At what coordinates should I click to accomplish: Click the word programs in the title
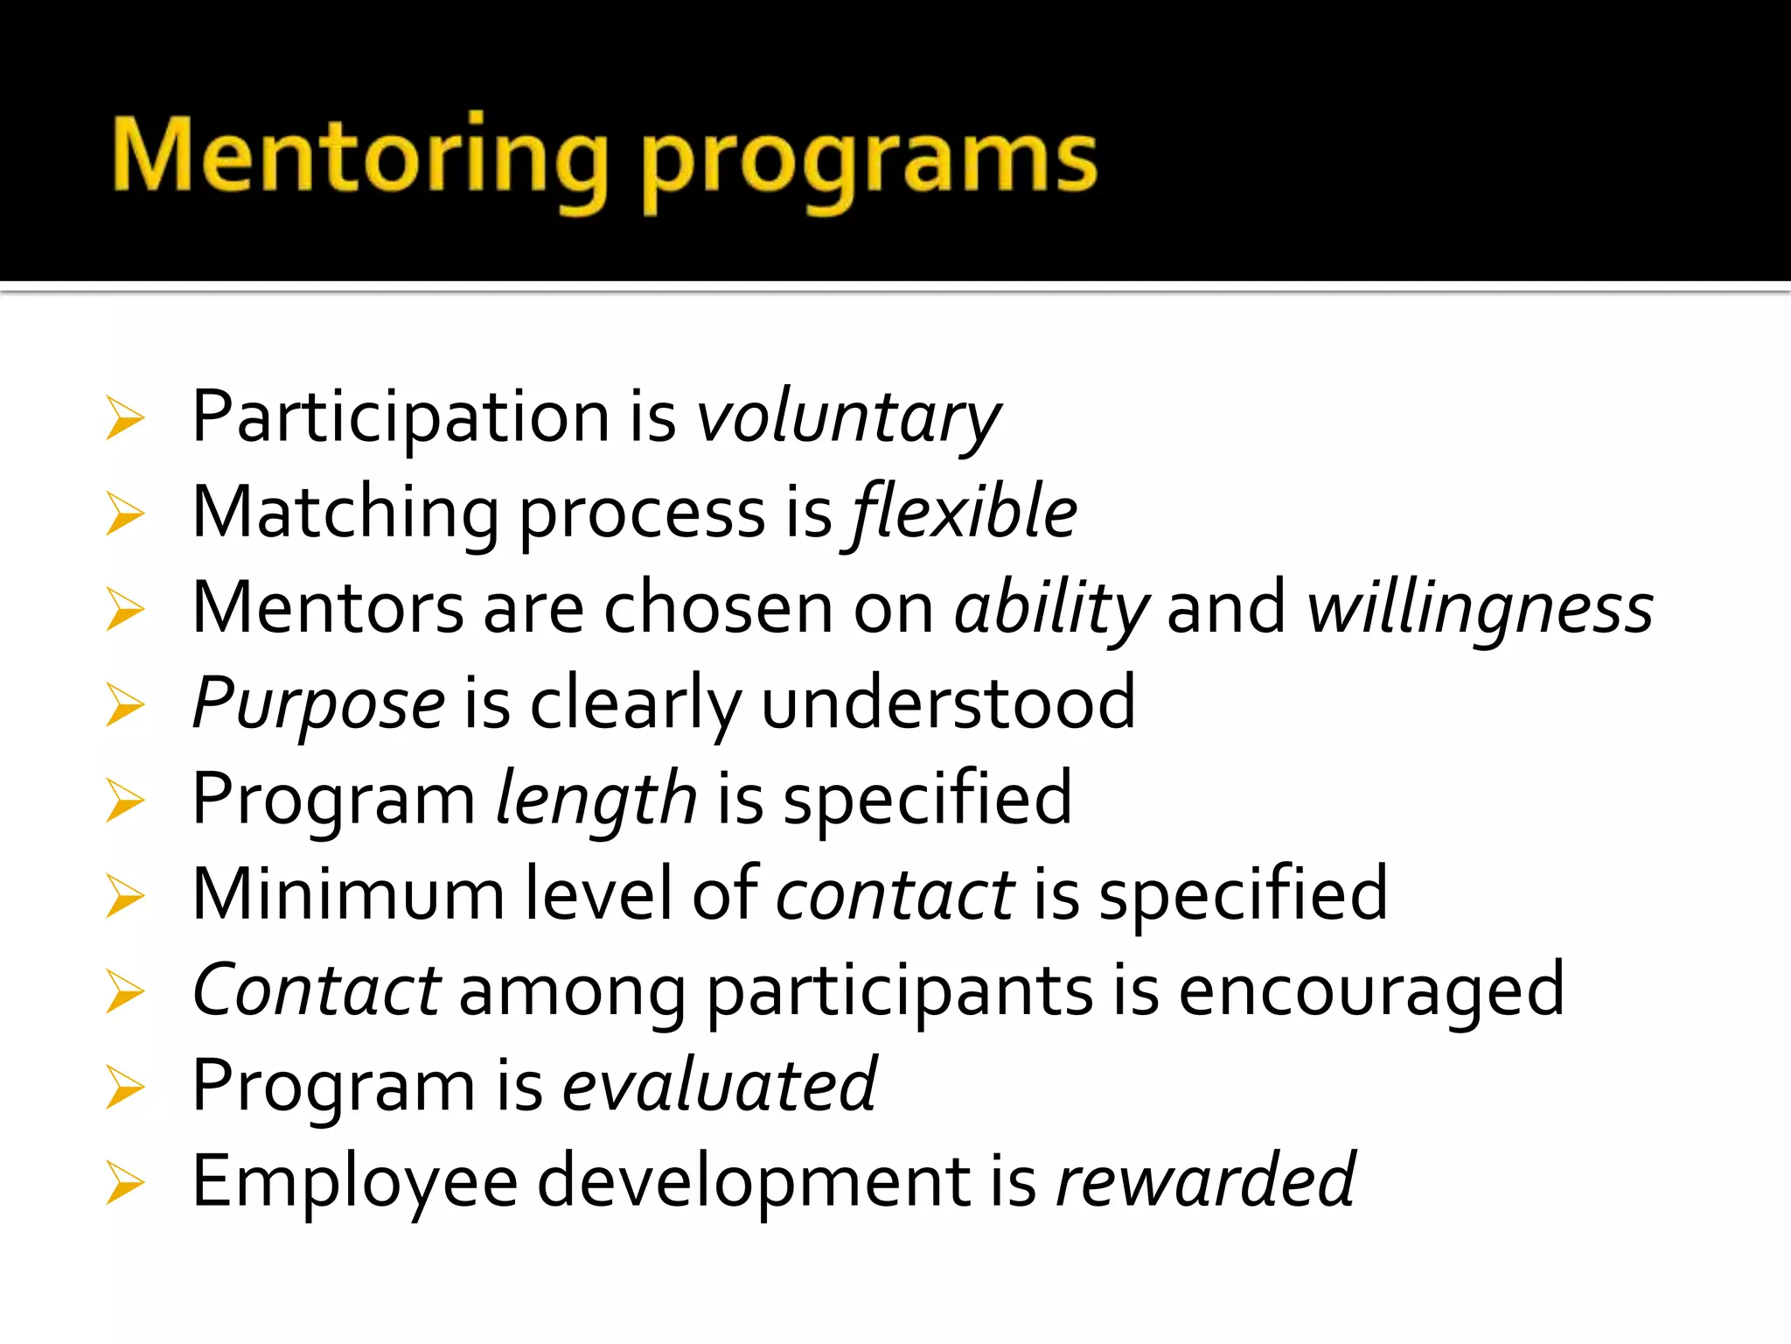(x=869, y=163)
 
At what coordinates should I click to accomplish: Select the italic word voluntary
(x=847, y=418)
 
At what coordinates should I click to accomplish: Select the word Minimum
(x=348, y=894)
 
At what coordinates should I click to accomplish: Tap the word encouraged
(x=1371, y=990)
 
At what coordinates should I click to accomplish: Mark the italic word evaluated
(x=719, y=1086)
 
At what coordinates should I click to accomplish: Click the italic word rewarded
(x=1205, y=1181)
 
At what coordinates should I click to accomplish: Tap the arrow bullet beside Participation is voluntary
(x=124, y=418)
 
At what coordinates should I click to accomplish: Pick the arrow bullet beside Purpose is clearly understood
(x=124, y=705)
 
